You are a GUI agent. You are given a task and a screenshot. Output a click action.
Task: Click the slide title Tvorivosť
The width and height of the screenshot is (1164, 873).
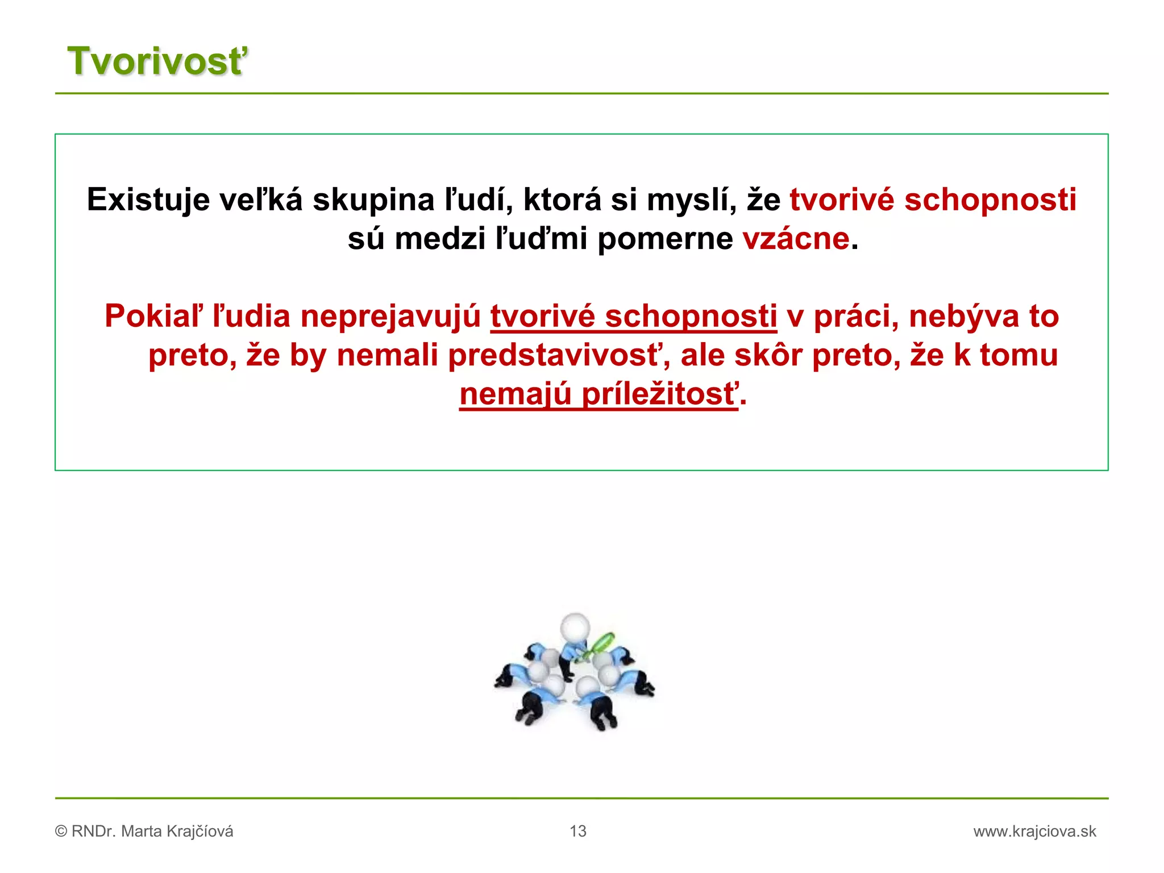point(157,61)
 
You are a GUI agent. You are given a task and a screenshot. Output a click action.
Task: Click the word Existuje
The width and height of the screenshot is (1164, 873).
point(148,200)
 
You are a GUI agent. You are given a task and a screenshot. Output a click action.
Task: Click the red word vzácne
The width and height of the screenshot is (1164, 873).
point(796,239)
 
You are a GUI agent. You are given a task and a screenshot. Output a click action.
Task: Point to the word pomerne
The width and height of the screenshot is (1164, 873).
point(665,239)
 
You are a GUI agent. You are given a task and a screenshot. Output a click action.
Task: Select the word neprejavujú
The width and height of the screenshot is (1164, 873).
point(390,316)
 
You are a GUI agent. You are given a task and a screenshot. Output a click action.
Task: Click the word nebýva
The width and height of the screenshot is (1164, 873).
point(964,316)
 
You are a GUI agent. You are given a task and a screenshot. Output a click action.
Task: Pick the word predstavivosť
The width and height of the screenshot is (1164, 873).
point(559,355)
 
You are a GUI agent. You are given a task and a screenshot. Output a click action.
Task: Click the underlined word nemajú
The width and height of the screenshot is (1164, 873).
point(515,394)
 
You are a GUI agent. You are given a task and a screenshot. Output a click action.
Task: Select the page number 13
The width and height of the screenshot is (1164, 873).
point(578,832)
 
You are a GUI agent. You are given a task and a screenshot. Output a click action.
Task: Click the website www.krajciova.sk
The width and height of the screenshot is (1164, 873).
point(1034,832)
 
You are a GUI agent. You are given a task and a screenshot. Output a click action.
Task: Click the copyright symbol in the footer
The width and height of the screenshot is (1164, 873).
point(61,832)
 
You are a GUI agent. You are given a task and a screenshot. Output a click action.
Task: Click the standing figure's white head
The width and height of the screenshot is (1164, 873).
point(575,626)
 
